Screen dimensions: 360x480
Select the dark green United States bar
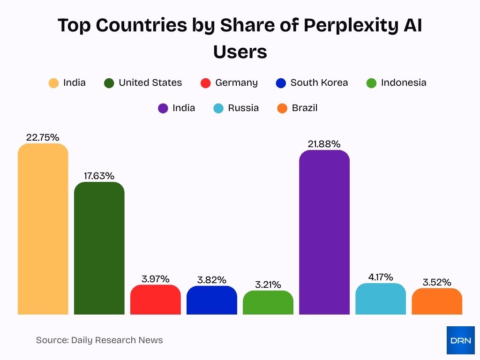click(99, 248)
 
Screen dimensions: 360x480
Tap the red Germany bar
click(156, 300)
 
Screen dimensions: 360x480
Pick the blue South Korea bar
click(212, 300)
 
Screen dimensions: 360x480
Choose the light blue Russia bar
click(381, 299)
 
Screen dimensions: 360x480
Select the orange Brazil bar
click(437, 301)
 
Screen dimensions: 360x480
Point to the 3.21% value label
click(268, 285)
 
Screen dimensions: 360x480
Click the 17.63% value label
click(99, 176)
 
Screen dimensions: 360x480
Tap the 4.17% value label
click(381, 277)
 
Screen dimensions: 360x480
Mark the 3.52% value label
click(437, 282)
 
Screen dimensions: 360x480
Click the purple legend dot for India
click(163, 108)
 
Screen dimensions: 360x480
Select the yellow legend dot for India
click(54, 83)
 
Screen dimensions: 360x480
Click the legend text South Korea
click(319, 82)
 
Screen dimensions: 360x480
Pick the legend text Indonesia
click(404, 82)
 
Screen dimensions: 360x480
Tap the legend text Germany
click(236, 82)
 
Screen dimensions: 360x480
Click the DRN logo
click(460, 340)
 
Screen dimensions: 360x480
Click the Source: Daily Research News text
click(99, 340)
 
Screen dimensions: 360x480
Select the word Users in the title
click(240, 52)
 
